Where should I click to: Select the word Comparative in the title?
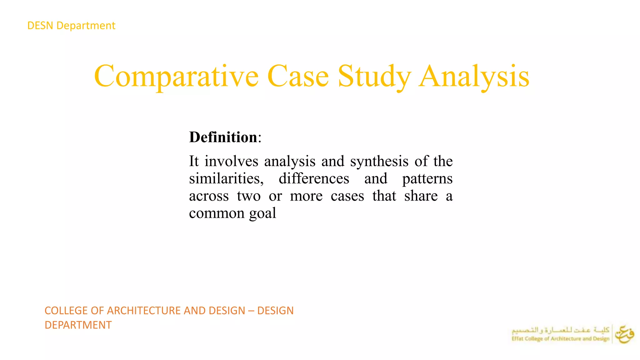point(176,76)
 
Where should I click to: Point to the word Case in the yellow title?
point(298,76)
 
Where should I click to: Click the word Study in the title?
point(374,76)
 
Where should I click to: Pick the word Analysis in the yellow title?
point(474,76)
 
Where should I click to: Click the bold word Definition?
point(223,137)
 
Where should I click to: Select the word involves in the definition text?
point(231,161)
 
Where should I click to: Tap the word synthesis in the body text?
point(379,161)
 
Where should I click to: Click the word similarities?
point(226,179)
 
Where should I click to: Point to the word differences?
point(314,179)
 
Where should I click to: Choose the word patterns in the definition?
point(427,179)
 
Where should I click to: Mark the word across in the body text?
point(209,196)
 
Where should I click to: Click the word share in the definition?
point(421,196)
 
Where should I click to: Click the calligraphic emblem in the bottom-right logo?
point(624,334)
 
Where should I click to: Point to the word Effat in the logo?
point(517,339)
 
